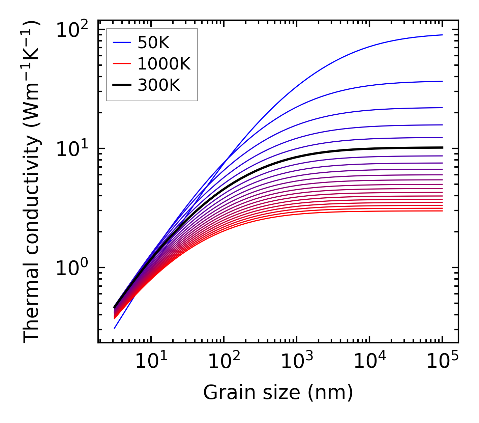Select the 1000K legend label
164,64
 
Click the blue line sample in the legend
122,43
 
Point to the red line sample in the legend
122,64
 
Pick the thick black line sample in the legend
122,85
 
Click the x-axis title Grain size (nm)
278,392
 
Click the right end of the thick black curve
442,147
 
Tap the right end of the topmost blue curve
442,35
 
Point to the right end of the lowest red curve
442,211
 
